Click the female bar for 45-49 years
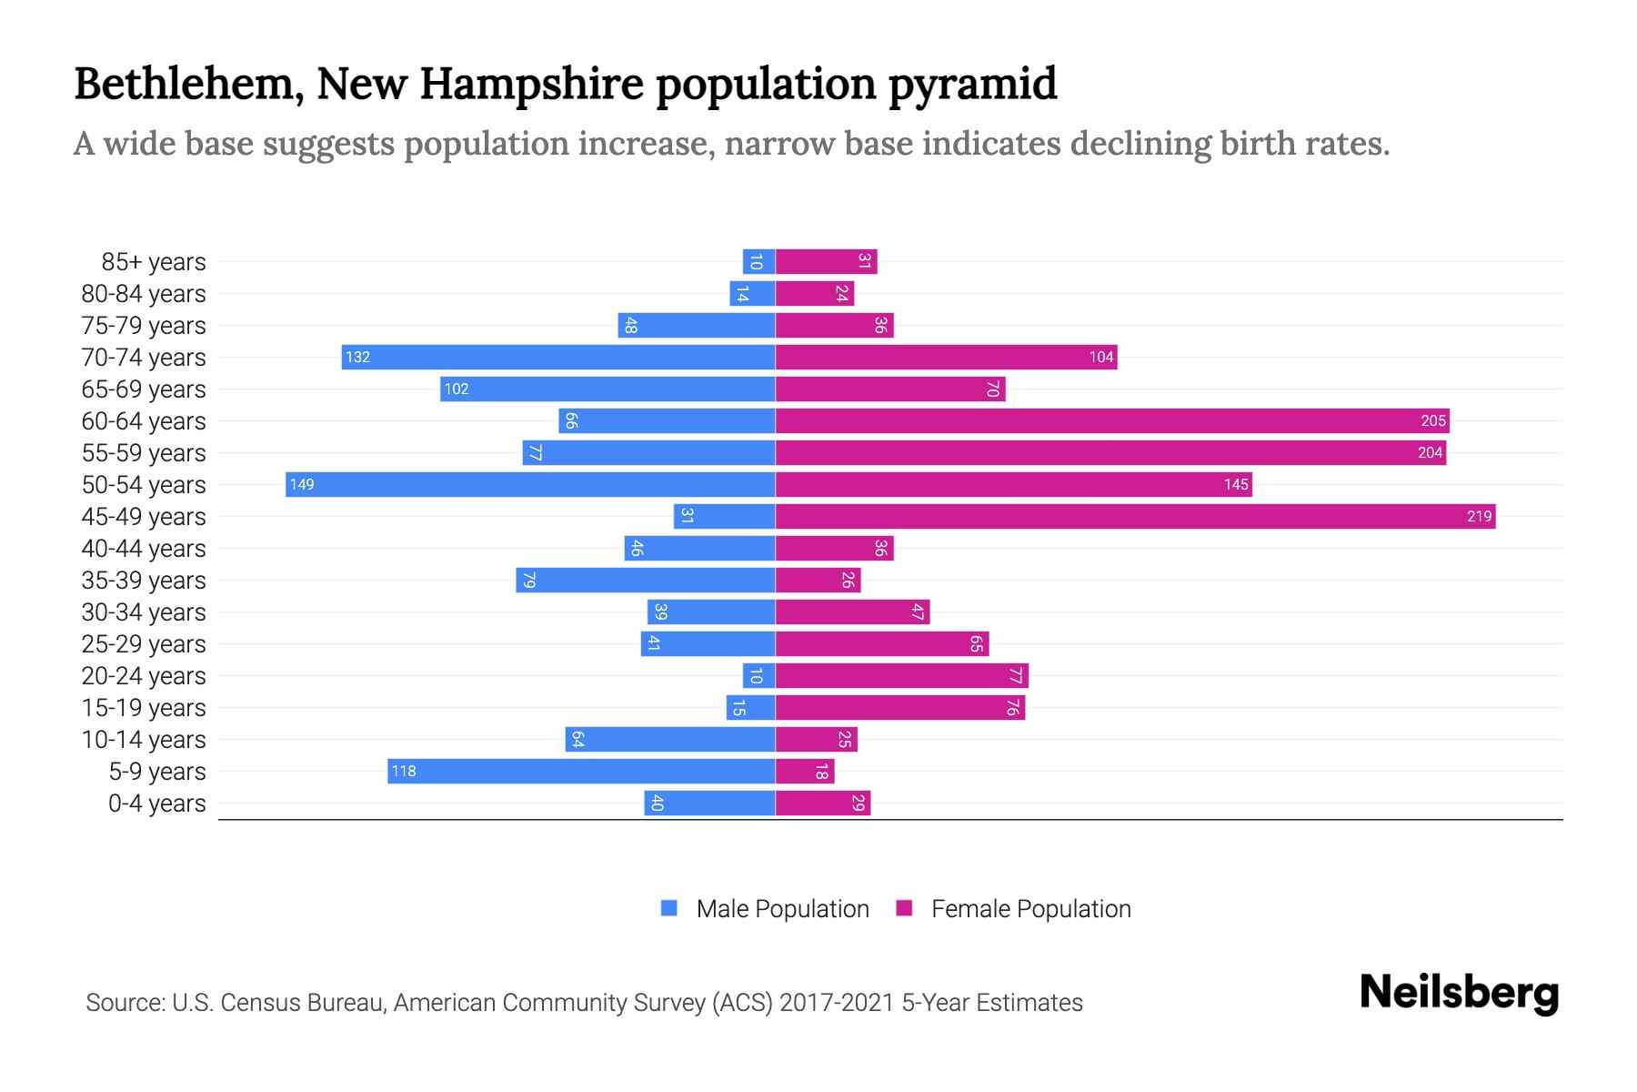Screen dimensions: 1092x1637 [x=1135, y=517]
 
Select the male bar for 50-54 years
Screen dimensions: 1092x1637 [x=530, y=485]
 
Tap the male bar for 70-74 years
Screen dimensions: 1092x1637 [x=558, y=358]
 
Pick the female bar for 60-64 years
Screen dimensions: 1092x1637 [x=1111, y=421]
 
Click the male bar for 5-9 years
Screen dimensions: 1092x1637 [x=581, y=772]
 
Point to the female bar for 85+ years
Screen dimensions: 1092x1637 [x=826, y=262]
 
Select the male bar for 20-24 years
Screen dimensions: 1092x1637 [x=758, y=676]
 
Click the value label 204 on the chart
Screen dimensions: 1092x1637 [x=1430, y=453]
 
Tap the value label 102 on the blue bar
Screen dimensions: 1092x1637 [x=457, y=389]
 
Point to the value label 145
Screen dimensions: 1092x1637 [x=1236, y=485]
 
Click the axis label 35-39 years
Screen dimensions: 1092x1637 [x=144, y=581]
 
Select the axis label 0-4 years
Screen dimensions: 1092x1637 [x=156, y=804]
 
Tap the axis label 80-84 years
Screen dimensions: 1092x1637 [x=144, y=294]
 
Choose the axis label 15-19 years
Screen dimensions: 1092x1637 [x=144, y=708]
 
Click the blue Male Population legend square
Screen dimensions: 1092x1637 [x=669, y=908]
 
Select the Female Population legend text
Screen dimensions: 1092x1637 [x=1030, y=909]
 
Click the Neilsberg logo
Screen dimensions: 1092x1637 [x=1459, y=993]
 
